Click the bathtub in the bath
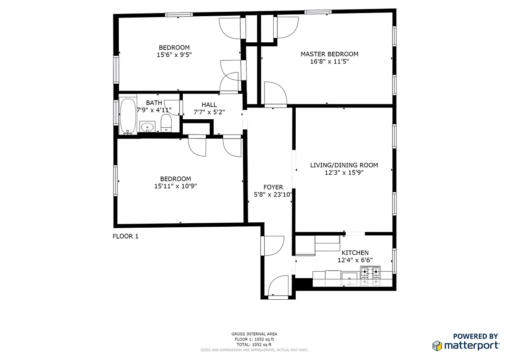128,117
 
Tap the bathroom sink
147,127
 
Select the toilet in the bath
166,123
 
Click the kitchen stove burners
370,276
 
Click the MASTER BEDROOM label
329,54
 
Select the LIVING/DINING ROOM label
344,165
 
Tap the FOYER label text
273,187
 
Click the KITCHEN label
355,253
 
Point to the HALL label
209,105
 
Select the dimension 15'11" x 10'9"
175,186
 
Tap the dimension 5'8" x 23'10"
273,195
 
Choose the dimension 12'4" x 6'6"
355,260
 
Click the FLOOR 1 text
125,236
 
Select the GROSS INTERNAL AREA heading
254,334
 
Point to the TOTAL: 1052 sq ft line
254,344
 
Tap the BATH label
154,103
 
